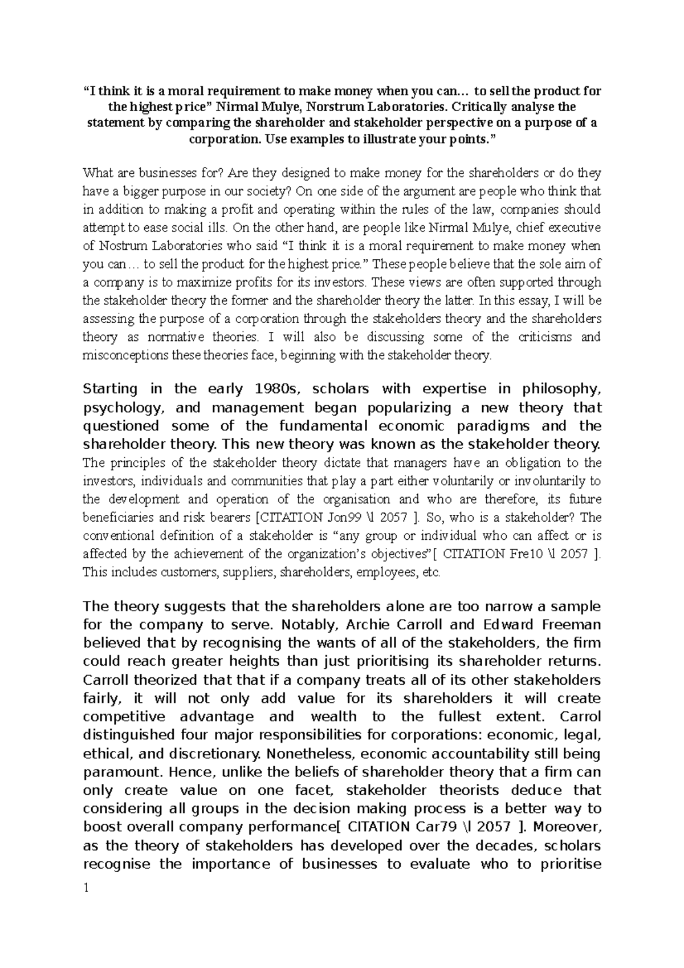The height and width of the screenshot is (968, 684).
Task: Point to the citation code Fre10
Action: click(x=528, y=554)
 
